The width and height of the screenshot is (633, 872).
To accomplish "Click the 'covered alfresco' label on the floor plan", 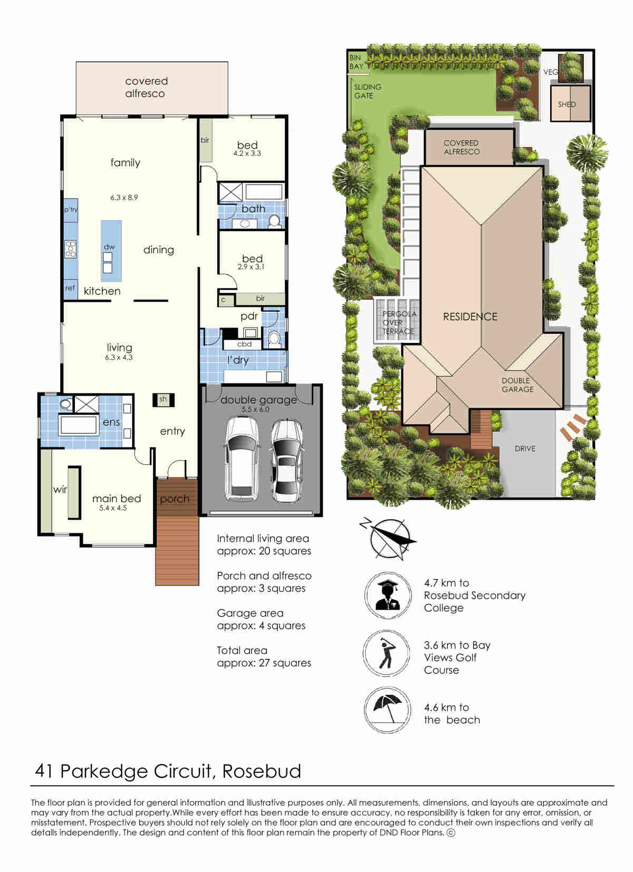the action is click(146, 87).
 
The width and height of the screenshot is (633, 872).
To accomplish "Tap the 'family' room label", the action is click(125, 162).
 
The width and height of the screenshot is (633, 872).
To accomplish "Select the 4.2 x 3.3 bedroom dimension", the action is click(247, 154).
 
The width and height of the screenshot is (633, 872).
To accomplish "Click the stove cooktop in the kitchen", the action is click(71, 249).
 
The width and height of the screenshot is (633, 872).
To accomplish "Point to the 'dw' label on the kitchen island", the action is click(109, 247).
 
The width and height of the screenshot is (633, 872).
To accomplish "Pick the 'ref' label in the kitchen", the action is click(70, 288).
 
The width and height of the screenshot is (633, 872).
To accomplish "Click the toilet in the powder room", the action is click(274, 338).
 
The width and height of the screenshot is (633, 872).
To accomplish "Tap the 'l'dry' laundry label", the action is click(238, 360).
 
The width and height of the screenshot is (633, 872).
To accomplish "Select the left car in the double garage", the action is click(242, 459).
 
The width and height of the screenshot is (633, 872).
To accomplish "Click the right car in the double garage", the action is click(287, 461).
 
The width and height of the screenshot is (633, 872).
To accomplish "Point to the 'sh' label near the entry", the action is click(163, 399).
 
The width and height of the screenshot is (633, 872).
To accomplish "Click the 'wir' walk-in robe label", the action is click(60, 490).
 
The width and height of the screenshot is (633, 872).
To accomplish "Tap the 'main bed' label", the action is click(117, 499).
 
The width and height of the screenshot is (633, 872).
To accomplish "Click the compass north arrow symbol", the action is click(389, 539).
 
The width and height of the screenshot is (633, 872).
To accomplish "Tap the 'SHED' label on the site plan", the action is click(567, 104).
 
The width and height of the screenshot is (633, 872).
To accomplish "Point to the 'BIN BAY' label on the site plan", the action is click(356, 62).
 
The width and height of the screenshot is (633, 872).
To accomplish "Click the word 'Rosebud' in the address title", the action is click(262, 771).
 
